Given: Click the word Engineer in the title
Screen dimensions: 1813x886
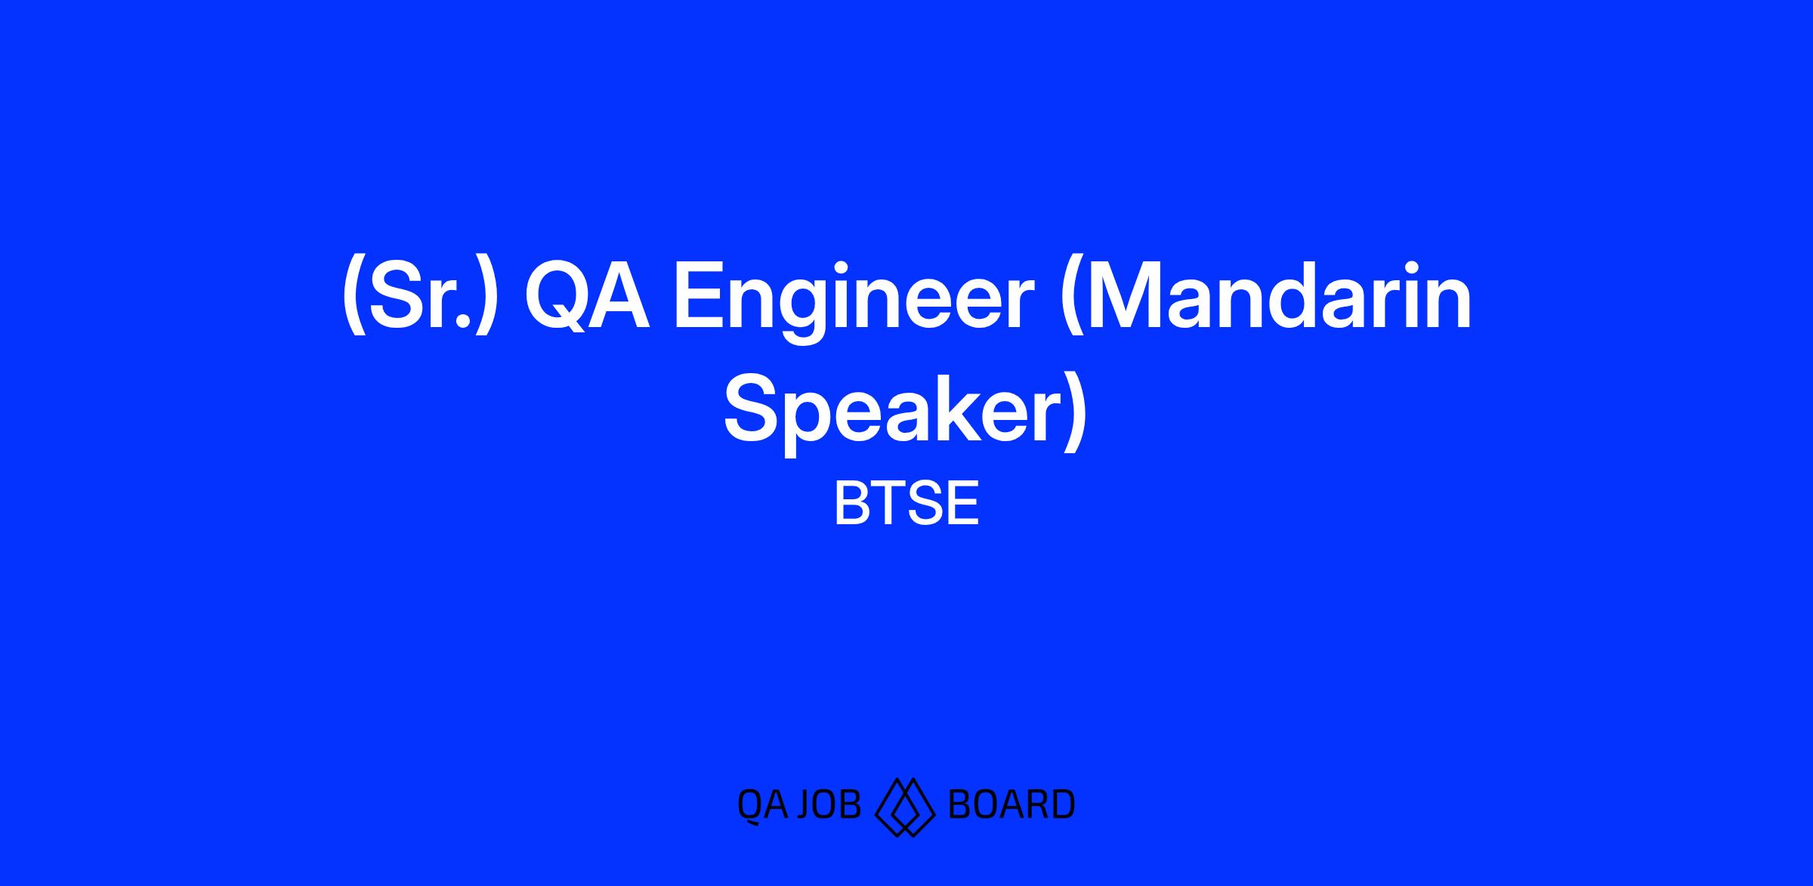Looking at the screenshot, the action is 853,301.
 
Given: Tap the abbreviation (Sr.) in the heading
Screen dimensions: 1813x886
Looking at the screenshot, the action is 420,299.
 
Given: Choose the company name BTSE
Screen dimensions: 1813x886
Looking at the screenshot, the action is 906,504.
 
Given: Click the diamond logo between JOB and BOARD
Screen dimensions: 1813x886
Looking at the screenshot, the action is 905,807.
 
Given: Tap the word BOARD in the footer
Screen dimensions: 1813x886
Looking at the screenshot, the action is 1012,804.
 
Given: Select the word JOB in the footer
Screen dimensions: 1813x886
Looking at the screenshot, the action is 829,804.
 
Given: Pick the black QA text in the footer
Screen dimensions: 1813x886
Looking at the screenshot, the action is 762,805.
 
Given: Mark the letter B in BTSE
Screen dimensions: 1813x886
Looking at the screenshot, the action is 851,504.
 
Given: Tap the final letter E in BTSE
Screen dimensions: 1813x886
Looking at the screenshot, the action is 962,504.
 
